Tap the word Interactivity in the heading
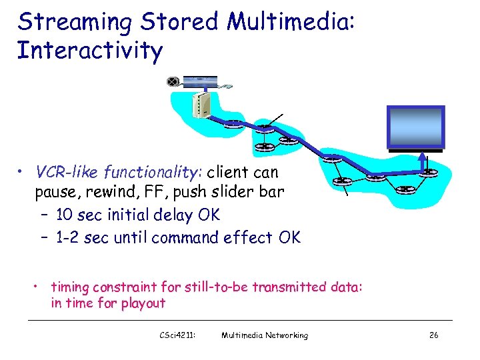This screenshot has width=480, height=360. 89,51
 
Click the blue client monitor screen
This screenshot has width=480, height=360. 415,127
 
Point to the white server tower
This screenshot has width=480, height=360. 201,104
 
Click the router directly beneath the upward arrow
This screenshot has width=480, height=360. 427,174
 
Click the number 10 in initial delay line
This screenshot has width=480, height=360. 65,215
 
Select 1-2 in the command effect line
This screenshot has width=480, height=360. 69,237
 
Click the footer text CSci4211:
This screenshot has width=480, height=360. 175,335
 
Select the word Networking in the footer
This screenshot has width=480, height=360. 286,335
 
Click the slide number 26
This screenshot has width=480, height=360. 433,335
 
